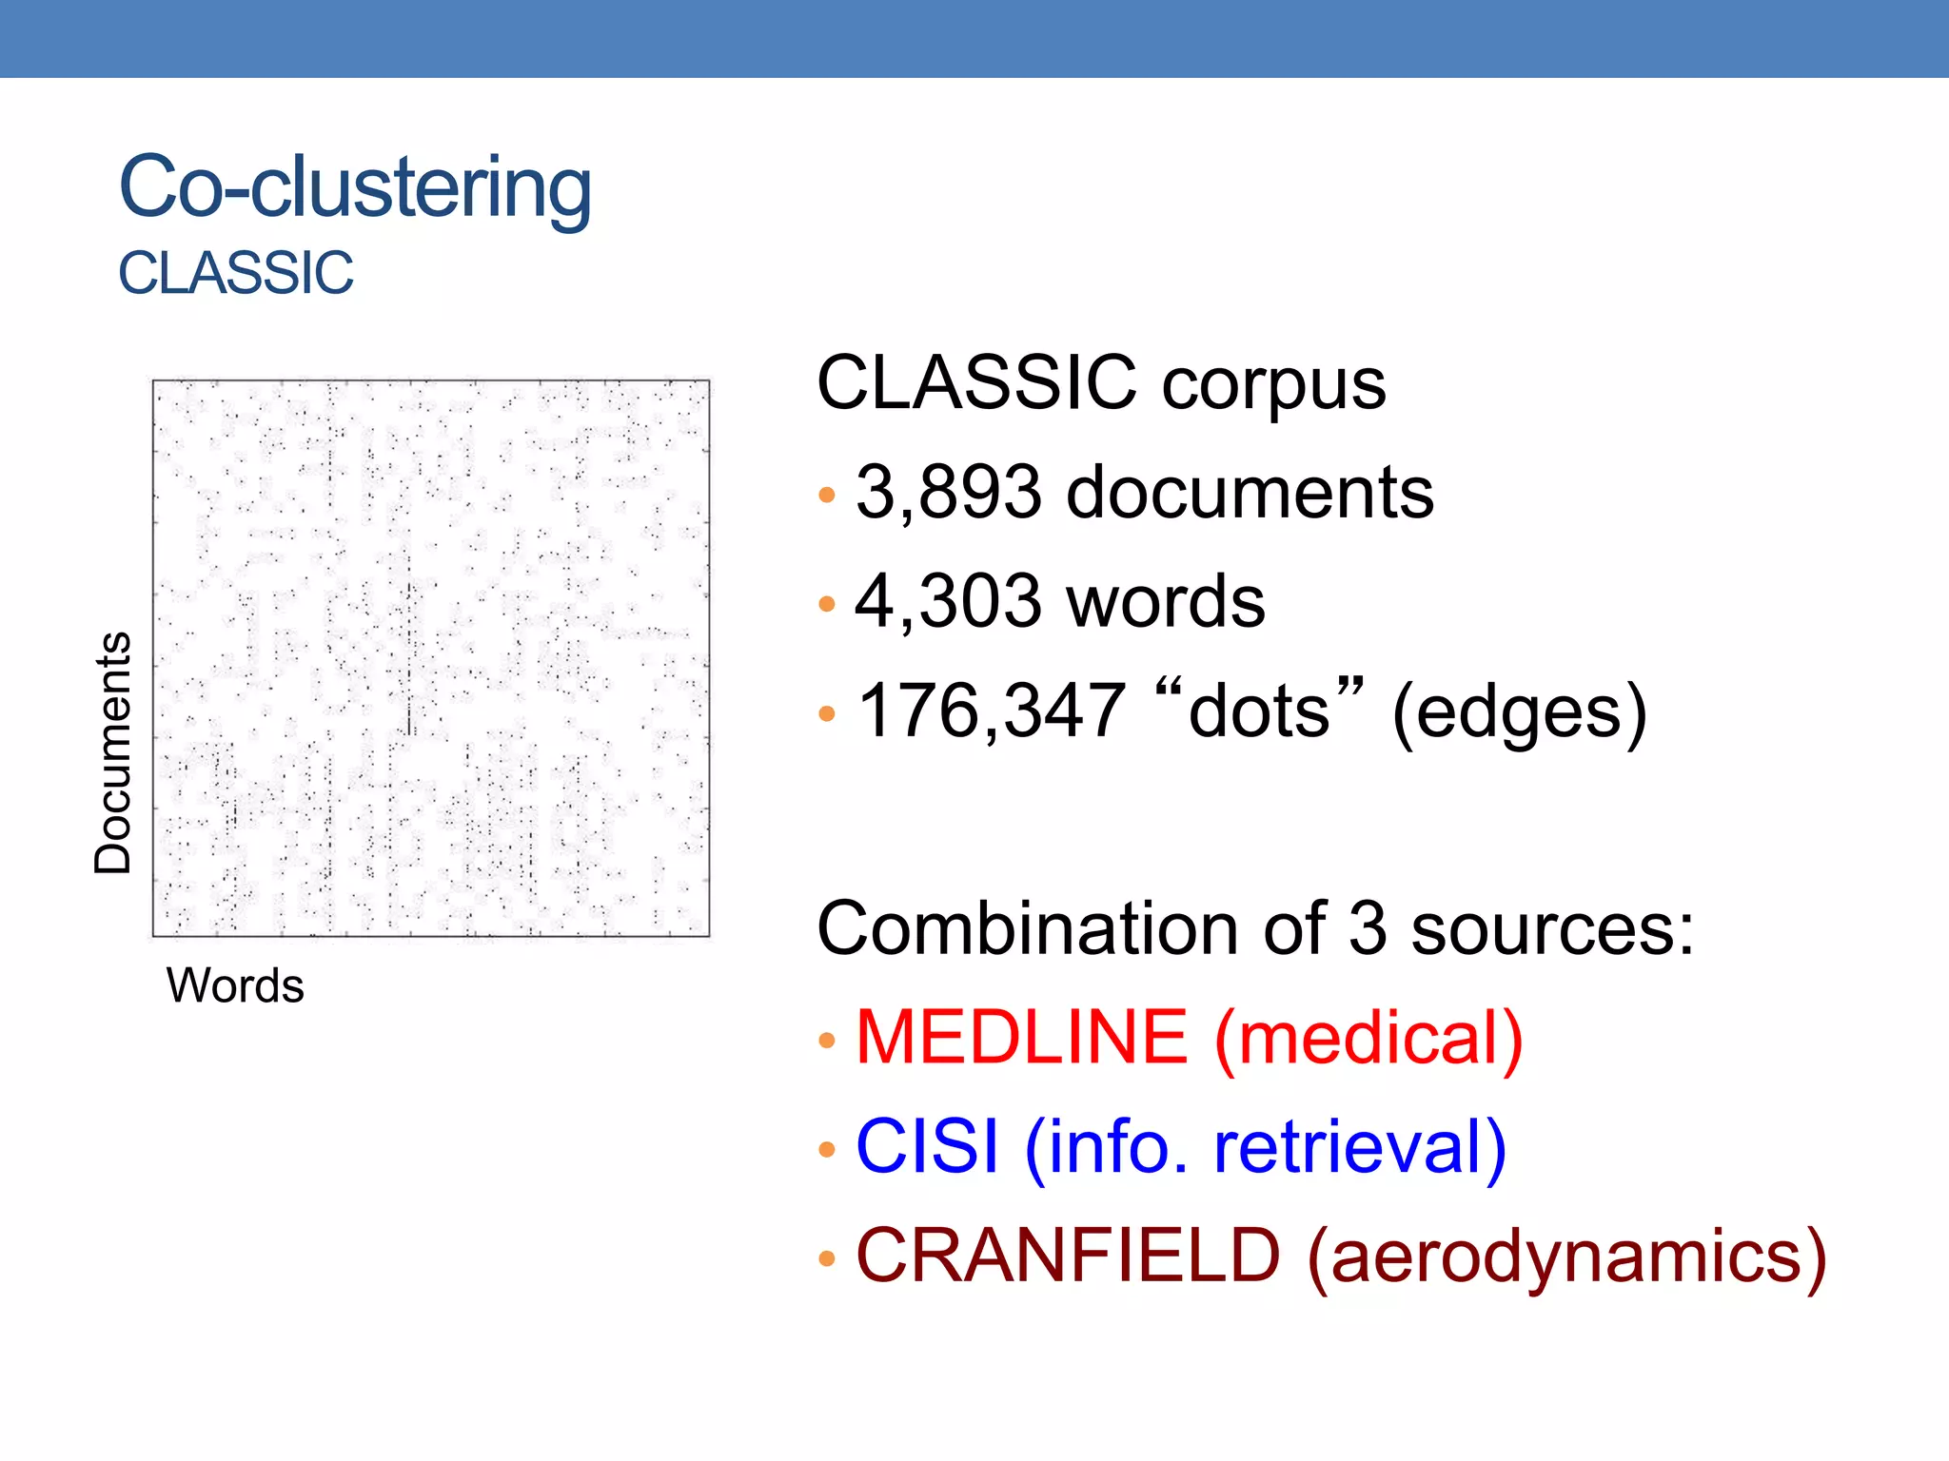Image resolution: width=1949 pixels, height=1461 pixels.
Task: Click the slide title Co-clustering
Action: tap(354, 187)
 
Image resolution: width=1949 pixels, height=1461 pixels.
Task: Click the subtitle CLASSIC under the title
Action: tap(235, 273)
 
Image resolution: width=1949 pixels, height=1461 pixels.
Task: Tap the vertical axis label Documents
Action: tap(113, 752)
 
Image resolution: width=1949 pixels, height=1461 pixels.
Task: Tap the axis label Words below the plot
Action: tap(235, 985)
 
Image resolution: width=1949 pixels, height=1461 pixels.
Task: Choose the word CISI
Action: tap(927, 1146)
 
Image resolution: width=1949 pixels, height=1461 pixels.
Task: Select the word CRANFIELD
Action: tap(1068, 1256)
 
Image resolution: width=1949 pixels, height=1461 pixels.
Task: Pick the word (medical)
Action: tap(1368, 1039)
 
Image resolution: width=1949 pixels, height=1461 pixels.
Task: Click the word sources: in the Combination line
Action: tap(1552, 929)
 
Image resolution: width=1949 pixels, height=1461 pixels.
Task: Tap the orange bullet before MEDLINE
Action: tap(827, 1041)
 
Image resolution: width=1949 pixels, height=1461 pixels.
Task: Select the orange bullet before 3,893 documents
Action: tap(827, 496)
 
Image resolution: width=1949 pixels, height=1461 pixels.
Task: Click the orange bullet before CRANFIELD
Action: tap(827, 1259)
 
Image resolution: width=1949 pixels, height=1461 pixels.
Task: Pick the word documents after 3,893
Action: tap(1250, 493)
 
